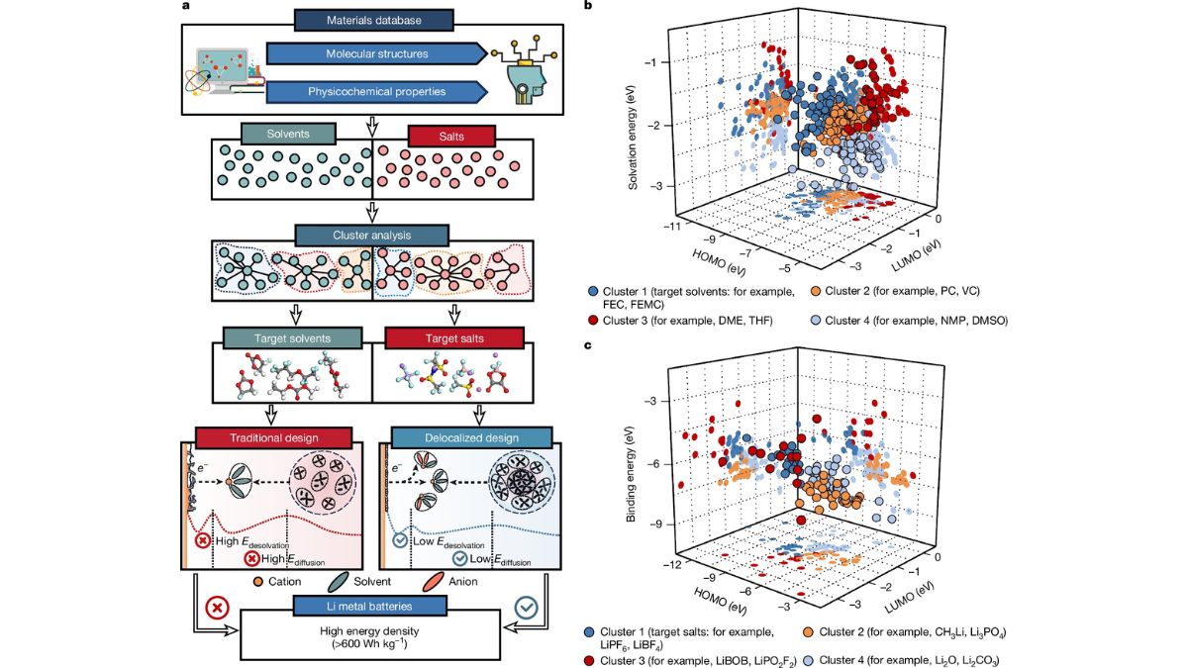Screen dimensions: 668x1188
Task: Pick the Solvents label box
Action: (x=288, y=134)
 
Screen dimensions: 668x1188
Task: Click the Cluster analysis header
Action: (x=370, y=237)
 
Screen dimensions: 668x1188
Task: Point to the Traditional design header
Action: (x=273, y=438)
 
